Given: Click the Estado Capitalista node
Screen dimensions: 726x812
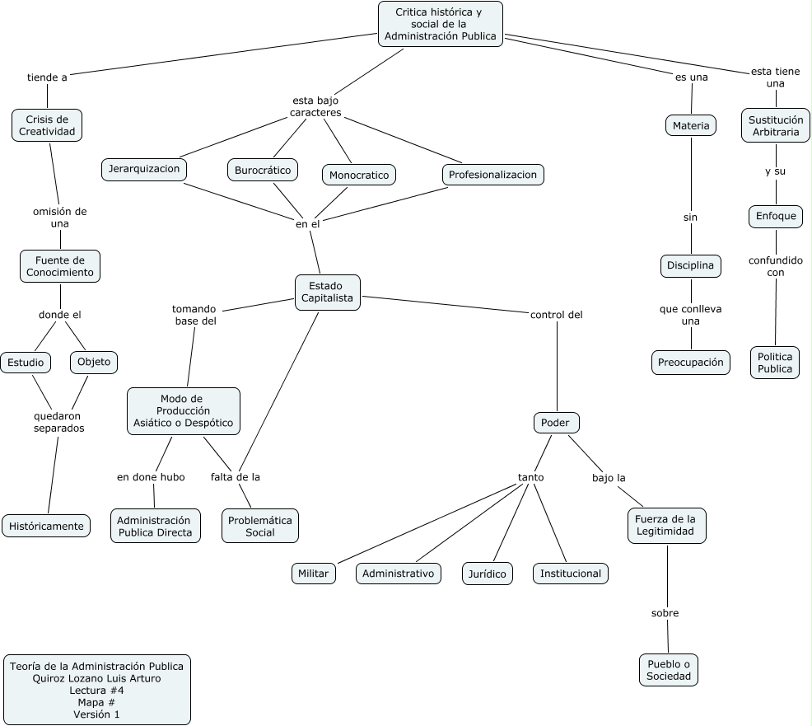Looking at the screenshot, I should click(328, 292).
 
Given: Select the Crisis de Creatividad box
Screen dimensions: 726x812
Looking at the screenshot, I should click(47, 125).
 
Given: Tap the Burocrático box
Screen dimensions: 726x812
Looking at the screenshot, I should click(263, 171).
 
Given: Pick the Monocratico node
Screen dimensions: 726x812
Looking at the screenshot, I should click(359, 176).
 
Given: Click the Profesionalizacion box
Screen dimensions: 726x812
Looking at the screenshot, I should click(492, 175).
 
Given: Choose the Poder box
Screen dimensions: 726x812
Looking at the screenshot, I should click(556, 423).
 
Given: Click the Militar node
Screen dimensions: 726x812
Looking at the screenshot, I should click(314, 574).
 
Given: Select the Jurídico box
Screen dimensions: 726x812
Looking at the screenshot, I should click(486, 574).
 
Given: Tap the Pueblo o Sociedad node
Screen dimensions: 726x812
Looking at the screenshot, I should click(668, 670).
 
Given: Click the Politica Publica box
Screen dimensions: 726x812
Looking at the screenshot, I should click(775, 363).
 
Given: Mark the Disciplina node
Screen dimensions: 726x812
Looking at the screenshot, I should click(690, 266).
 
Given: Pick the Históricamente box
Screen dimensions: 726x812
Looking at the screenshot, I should click(46, 526).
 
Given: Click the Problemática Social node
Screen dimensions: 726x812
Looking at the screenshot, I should click(260, 526).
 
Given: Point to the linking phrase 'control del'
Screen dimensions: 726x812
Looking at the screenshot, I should click(557, 314).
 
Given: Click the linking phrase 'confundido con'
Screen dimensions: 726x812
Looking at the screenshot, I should click(775, 266).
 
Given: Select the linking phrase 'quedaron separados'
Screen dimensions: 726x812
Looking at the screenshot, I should click(58, 422).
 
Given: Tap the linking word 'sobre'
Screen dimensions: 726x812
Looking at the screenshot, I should click(665, 613).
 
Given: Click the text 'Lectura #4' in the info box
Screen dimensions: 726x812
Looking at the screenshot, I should click(96, 691).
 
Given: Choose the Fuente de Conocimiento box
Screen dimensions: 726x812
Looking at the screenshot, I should click(60, 266).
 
